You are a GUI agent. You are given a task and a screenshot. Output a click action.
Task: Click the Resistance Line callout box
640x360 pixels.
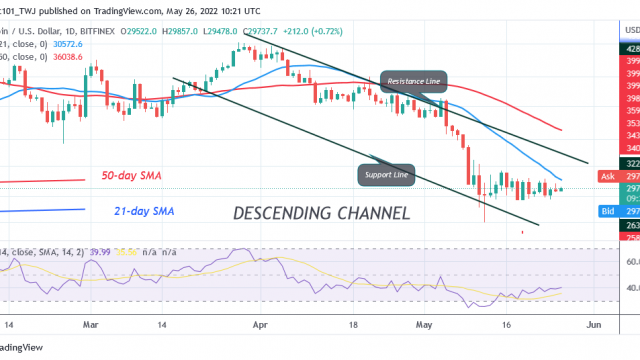(413, 81)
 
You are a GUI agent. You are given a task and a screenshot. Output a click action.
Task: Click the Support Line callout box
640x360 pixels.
(385, 175)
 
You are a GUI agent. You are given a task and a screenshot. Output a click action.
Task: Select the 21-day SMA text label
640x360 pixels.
(140, 212)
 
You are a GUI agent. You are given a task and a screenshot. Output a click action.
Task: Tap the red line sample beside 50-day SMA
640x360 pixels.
(40, 181)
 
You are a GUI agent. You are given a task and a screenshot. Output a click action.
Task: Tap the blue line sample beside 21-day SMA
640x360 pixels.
(40, 209)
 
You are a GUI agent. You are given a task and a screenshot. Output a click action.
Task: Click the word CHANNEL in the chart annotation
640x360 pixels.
(373, 214)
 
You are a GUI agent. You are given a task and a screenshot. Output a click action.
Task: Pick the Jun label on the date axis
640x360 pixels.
(592, 325)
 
